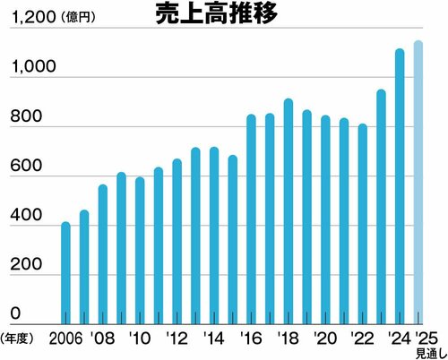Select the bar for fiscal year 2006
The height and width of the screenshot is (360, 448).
point(65,272)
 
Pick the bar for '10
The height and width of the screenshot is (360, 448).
point(140,250)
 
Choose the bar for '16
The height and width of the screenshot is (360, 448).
point(251,219)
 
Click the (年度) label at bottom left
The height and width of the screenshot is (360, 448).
point(19,339)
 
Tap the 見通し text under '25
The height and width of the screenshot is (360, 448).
point(427,353)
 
